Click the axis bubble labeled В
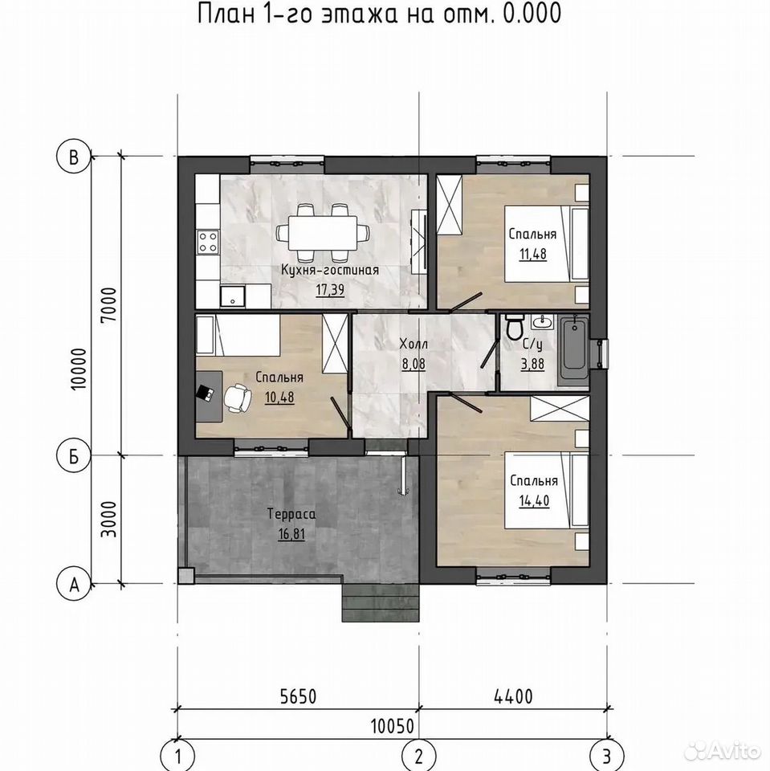(x=74, y=157)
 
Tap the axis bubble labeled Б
(x=74, y=456)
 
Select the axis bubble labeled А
(x=74, y=585)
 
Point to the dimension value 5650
(x=298, y=696)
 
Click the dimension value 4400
(x=512, y=696)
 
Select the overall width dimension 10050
(x=393, y=726)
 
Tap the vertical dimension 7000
(x=108, y=304)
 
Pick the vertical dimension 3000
(x=108, y=519)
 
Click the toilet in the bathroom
(x=515, y=327)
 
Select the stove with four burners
(x=207, y=243)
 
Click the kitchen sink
(x=233, y=296)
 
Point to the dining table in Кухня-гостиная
(x=323, y=233)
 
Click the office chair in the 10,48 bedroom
(x=237, y=396)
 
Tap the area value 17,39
(x=330, y=290)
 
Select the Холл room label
(x=414, y=344)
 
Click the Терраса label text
(x=291, y=514)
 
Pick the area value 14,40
(x=534, y=500)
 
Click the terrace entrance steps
(x=381, y=603)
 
